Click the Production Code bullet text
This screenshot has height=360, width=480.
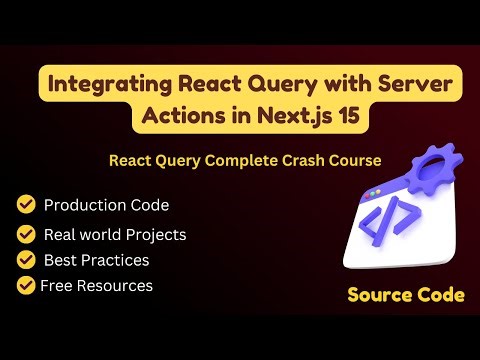click(106, 205)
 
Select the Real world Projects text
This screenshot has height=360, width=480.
click(114, 235)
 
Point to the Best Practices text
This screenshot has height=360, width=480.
click(96, 260)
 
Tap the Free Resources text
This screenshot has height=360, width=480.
click(97, 286)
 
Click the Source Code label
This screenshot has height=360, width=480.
click(406, 295)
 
